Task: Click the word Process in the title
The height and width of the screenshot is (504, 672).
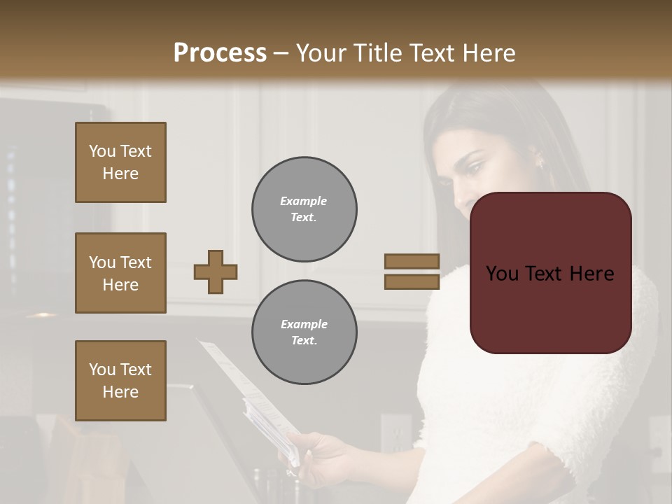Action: click(x=220, y=52)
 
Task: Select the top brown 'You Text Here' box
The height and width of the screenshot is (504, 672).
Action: click(x=120, y=162)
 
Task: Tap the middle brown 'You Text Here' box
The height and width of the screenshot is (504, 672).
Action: click(x=120, y=273)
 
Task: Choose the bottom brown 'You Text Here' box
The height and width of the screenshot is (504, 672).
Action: click(x=120, y=381)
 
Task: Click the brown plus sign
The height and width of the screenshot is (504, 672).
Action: click(x=216, y=272)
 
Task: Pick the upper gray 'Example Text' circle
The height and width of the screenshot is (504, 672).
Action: click(x=304, y=209)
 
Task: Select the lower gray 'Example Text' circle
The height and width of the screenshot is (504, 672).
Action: click(x=304, y=332)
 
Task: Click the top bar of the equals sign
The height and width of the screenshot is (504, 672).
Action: click(x=412, y=261)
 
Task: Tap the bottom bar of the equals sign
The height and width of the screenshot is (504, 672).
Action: click(x=412, y=281)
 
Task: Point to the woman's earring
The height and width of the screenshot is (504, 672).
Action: click(x=539, y=163)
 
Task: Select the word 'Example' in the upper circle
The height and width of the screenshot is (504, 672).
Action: click(x=304, y=201)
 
